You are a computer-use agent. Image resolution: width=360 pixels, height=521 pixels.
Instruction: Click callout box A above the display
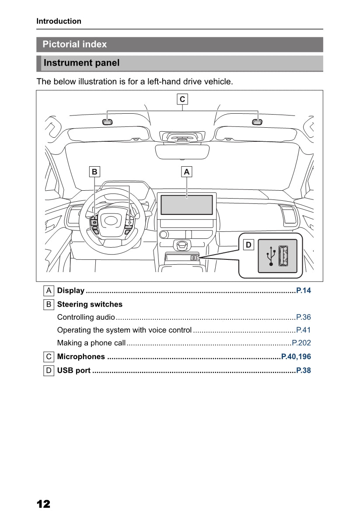(x=187, y=172)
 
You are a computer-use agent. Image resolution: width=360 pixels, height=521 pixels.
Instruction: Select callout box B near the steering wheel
(x=94, y=172)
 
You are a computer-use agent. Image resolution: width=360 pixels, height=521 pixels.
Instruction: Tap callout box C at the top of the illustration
(x=182, y=99)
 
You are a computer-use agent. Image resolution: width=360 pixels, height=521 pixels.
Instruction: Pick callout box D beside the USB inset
(x=248, y=245)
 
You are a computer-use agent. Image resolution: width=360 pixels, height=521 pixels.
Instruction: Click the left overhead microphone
(x=108, y=122)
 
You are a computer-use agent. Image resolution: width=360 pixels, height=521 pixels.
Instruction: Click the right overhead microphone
(x=257, y=122)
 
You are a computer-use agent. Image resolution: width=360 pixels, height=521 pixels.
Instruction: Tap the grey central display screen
(x=187, y=205)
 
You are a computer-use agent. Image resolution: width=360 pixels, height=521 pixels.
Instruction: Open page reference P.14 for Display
(x=304, y=290)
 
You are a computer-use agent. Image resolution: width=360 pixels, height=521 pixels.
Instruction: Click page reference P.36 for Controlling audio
(x=304, y=317)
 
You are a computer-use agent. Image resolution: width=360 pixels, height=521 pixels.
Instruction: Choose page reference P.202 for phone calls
(x=301, y=343)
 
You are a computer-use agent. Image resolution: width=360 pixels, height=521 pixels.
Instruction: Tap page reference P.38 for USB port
(x=304, y=371)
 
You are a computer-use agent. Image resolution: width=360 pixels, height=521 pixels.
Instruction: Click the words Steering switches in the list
(x=90, y=304)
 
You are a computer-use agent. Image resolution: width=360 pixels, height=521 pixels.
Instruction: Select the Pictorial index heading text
(x=74, y=44)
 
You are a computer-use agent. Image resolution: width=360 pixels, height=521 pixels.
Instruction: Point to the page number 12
(x=44, y=504)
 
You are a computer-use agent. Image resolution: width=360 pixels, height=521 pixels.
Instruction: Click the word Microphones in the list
(x=81, y=357)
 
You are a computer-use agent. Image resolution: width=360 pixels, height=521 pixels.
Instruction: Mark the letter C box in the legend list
(x=49, y=357)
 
